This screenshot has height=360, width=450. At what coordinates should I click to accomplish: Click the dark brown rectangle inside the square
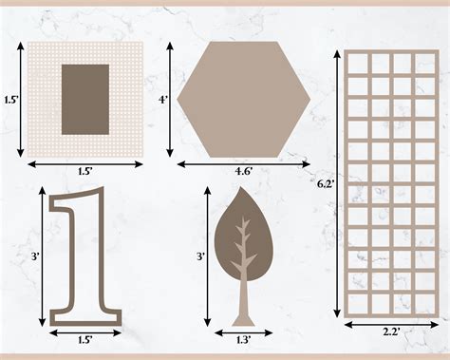(84, 100)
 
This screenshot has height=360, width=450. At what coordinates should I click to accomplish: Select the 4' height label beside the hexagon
(162, 99)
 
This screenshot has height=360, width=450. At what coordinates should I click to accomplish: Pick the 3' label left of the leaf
(199, 256)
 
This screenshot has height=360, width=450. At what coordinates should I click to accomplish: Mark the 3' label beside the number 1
(33, 256)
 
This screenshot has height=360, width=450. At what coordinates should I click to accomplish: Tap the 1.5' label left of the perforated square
(9, 99)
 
